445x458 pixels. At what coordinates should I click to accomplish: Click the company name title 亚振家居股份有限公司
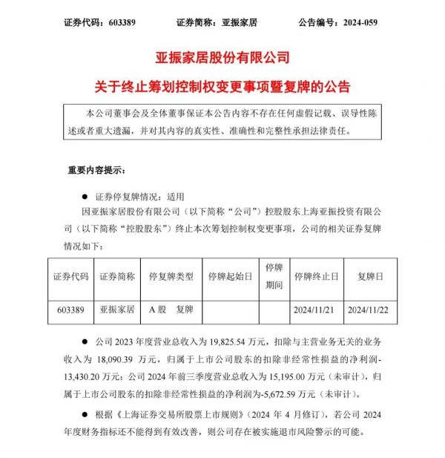[222, 56]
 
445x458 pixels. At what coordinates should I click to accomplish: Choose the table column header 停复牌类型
[171, 275]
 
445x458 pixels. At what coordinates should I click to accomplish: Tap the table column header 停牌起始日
[231, 275]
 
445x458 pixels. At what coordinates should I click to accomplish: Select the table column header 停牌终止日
[316, 275]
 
